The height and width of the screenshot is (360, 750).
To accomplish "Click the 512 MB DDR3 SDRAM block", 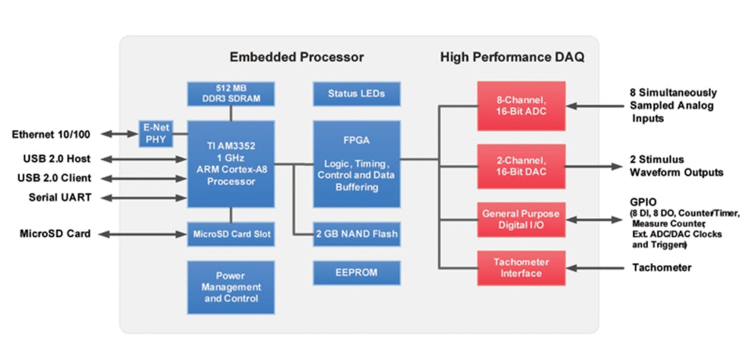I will coord(231,93).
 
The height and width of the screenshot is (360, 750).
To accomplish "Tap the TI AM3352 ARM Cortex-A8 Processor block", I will coord(231,164).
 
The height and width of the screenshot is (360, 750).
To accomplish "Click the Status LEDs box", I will coord(356,94).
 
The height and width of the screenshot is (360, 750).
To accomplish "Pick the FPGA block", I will coord(356,164).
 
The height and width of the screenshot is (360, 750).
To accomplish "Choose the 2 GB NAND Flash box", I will coord(356,234).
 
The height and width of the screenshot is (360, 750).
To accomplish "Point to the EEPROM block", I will coord(356,272).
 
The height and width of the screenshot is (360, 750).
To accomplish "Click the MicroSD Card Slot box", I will coord(231,234).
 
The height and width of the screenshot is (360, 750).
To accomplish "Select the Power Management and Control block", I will coord(231,287).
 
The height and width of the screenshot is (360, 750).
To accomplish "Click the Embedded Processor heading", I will coord(296,57).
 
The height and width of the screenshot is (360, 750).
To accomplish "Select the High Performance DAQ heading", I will coord(512,57).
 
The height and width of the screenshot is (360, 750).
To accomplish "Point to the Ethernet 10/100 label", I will coord(51,134).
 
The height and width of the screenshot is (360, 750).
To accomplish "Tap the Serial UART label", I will coord(60,197).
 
